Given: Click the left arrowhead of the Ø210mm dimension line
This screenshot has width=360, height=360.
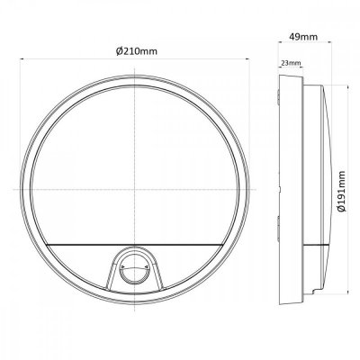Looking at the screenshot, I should (x=25, y=59).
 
